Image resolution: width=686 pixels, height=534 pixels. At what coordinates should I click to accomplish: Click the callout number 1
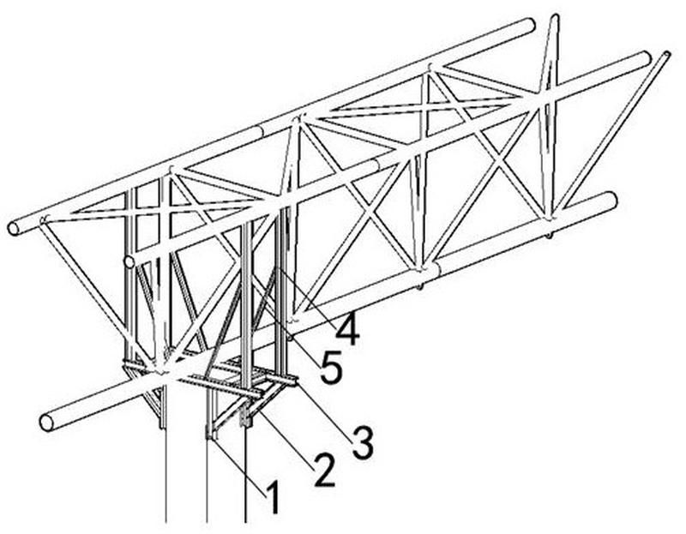pyautogui.click(x=273, y=497)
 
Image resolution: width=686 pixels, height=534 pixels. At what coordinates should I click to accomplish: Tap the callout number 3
pyautogui.click(x=363, y=443)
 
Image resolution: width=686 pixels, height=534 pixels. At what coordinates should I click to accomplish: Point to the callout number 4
pyautogui.click(x=348, y=329)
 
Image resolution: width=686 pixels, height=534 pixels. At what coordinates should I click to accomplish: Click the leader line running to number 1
pyautogui.click(x=239, y=467)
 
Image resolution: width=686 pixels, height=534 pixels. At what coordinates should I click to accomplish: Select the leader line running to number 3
pyautogui.click(x=325, y=411)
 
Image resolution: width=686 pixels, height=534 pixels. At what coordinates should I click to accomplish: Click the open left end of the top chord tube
pyautogui.click(x=14, y=228)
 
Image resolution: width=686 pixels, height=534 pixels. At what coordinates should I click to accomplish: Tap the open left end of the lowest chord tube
pyautogui.click(x=46, y=423)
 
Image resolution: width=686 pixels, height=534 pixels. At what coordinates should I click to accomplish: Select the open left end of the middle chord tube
pyautogui.click(x=129, y=262)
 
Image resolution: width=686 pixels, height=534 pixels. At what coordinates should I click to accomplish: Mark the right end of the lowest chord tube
pyautogui.click(x=611, y=199)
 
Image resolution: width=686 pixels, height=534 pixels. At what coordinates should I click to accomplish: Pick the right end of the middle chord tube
pyautogui.click(x=646, y=57)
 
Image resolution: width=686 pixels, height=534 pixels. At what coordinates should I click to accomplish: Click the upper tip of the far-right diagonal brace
pyautogui.click(x=666, y=54)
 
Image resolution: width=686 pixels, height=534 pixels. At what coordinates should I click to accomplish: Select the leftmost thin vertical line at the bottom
pyautogui.click(x=165, y=476)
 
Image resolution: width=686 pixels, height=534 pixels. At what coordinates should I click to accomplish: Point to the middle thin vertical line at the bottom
pyautogui.click(x=207, y=481)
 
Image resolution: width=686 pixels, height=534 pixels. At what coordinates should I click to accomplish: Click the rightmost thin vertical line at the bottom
pyautogui.click(x=245, y=475)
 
